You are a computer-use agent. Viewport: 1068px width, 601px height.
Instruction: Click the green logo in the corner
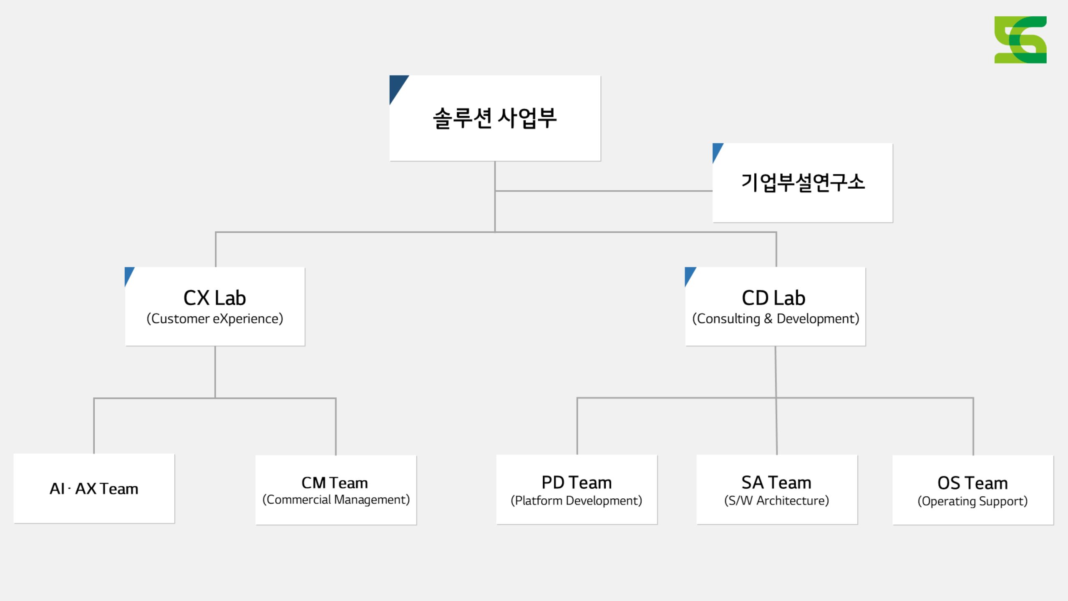[1020, 40]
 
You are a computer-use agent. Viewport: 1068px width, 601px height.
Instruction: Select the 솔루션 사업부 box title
[495, 118]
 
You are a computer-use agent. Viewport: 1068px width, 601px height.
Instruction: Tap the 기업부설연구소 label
[803, 183]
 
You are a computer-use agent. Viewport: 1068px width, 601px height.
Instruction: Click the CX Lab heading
[215, 298]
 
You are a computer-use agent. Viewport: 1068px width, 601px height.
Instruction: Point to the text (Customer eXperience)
[215, 319]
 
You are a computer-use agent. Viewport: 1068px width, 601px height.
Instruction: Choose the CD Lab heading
[773, 298]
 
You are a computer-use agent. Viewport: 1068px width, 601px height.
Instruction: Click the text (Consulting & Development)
[776, 319]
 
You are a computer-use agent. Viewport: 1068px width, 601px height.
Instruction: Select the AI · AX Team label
[94, 489]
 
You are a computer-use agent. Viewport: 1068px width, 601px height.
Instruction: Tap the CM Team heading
[335, 483]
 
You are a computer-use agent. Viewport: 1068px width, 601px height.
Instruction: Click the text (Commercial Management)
[336, 500]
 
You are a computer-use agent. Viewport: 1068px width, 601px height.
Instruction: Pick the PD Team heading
[577, 482]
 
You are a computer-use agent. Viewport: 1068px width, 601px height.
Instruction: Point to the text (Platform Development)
[577, 501]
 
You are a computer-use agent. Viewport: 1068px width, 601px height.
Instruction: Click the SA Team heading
[776, 482]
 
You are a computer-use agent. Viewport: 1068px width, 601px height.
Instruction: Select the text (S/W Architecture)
[776, 501]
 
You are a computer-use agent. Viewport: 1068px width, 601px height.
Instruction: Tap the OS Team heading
[972, 483]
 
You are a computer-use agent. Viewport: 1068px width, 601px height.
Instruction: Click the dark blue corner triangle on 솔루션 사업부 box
[396, 86]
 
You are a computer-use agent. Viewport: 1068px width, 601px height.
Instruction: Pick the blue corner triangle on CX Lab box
[128, 274]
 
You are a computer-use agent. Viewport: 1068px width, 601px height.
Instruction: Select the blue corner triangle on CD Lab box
[689, 274]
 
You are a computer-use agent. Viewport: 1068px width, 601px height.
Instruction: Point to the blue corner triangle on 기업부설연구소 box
[716, 150]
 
